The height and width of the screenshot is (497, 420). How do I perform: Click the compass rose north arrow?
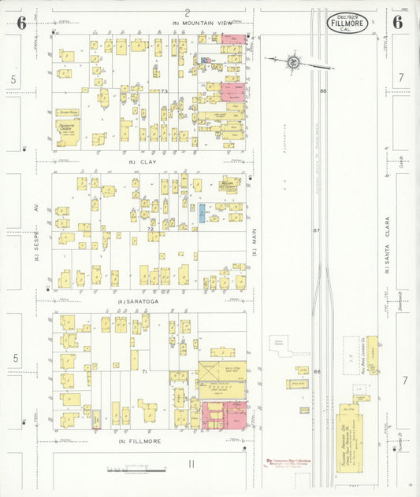pyautogui.click(x=292, y=61)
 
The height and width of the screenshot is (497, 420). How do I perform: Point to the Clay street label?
pyautogui.click(x=147, y=162)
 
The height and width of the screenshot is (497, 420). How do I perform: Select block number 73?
pyautogui.click(x=164, y=91)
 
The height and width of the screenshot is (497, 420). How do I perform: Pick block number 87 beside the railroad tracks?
pyautogui.click(x=316, y=230)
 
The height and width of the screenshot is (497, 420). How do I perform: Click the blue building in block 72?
pyautogui.click(x=202, y=212)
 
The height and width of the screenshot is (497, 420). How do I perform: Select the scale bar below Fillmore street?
pyautogui.click(x=136, y=469)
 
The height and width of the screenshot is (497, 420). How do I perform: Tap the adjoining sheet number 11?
pyautogui.click(x=191, y=463)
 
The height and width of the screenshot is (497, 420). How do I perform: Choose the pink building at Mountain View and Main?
pyautogui.click(x=233, y=38)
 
